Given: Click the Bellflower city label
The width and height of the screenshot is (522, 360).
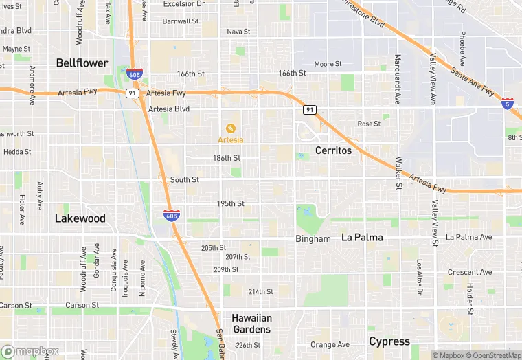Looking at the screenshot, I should [x=82, y=63].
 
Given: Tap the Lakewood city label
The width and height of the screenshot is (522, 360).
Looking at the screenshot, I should [x=80, y=218].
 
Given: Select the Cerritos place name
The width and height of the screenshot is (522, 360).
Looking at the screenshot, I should [x=333, y=150].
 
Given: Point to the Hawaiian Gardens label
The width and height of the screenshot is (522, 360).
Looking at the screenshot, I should [x=251, y=323].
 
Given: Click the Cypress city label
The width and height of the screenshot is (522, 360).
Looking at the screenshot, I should [x=389, y=341].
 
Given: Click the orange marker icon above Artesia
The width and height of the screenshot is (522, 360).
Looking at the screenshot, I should [x=231, y=128].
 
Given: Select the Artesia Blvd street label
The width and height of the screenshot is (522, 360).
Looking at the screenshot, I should [x=168, y=109].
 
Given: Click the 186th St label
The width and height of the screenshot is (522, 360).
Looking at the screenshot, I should [x=227, y=158].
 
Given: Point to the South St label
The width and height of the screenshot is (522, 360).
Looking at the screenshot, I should [x=185, y=180].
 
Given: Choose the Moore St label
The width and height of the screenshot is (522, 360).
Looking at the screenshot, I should [x=328, y=65].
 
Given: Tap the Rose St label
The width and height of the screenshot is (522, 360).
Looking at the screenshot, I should [x=369, y=124].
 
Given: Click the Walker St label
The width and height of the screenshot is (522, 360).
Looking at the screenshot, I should [x=398, y=172].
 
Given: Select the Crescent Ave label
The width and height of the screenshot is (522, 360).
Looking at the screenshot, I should [x=470, y=272].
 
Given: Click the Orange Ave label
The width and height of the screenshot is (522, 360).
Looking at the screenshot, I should [x=330, y=345].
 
